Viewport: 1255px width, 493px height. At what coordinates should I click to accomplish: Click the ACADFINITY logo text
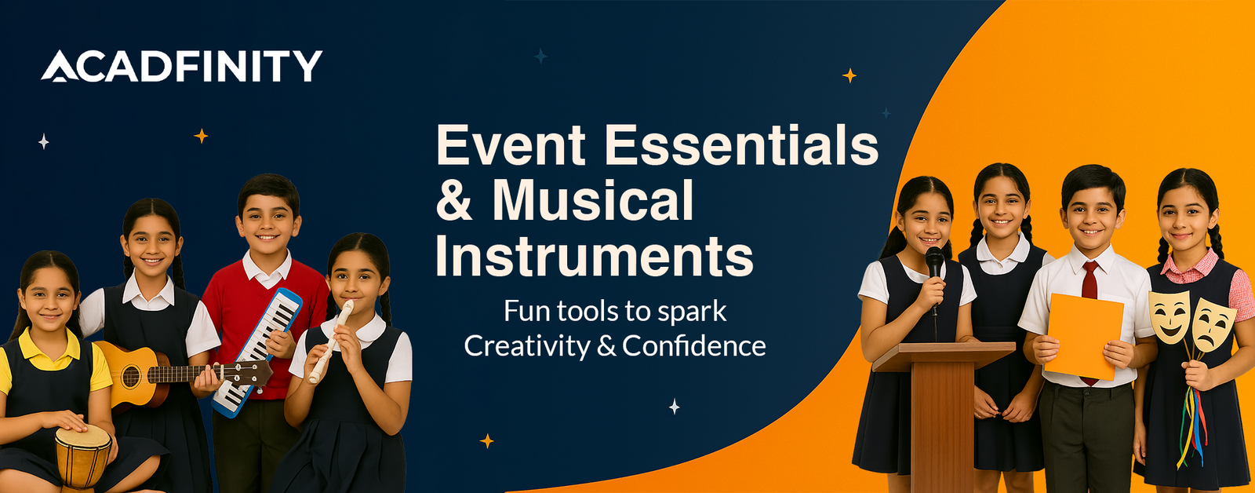pyautogui.click(x=181, y=66)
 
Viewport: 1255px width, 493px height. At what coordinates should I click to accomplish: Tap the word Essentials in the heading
pyautogui.click(x=740, y=144)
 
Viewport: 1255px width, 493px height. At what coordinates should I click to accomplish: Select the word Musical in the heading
pyautogui.click(x=593, y=200)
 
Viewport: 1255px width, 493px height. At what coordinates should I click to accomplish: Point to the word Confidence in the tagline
pyautogui.click(x=693, y=345)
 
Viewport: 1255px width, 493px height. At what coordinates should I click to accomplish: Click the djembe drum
pyautogui.click(x=83, y=455)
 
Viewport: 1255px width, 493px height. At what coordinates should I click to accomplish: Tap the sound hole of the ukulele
pyautogui.click(x=131, y=376)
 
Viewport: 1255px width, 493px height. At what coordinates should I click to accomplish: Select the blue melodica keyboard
pyautogui.click(x=257, y=352)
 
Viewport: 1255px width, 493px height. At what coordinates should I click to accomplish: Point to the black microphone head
pyautogui.click(x=934, y=262)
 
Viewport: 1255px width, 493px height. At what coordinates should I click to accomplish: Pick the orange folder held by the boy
pyautogui.click(x=1084, y=337)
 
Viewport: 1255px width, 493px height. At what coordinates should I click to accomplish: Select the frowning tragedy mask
pyautogui.click(x=1213, y=325)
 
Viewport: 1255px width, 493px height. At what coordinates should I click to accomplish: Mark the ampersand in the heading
pyautogui.click(x=454, y=201)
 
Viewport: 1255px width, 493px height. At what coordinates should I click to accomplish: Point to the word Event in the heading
pyautogui.click(x=511, y=144)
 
